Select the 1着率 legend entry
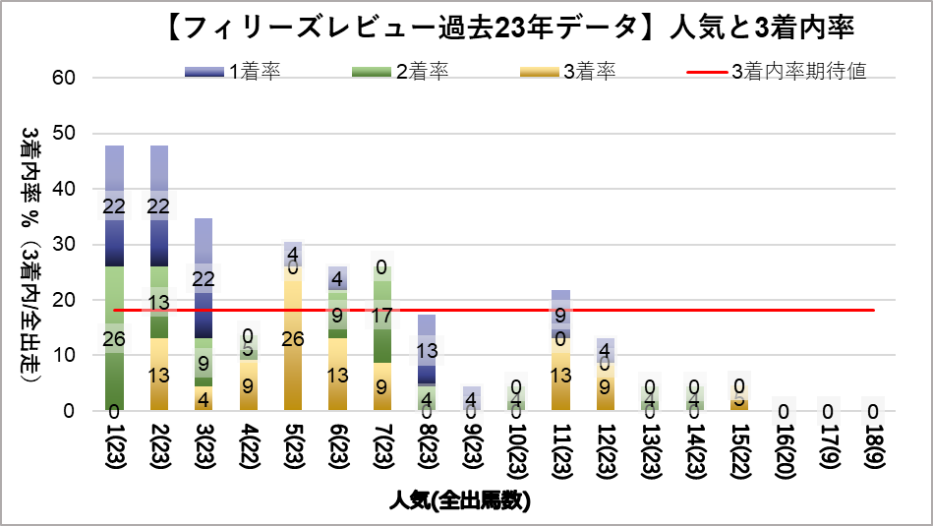tap(231, 72)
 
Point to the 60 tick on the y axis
tap(78, 78)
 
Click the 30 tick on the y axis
tap(78, 245)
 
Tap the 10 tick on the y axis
tap(78, 356)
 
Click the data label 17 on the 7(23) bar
tap(382, 317)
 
